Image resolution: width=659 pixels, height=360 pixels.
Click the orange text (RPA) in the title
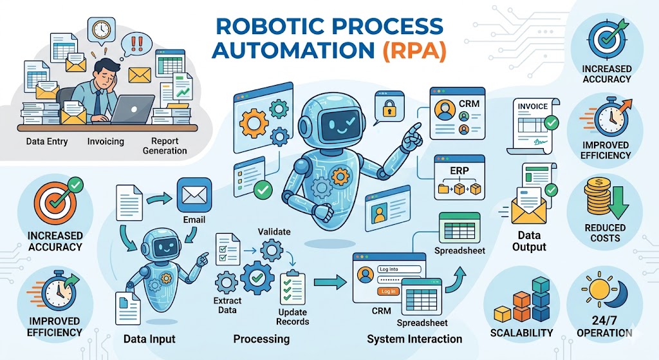pos(414,50)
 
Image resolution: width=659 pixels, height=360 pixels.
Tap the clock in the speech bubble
pos(101,30)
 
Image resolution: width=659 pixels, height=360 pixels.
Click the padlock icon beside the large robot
pos(389,108)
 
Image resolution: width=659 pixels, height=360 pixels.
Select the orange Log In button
pos(388,291)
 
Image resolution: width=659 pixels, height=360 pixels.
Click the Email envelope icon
pos(194,195)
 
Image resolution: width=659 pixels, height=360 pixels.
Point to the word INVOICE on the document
pos(532,106)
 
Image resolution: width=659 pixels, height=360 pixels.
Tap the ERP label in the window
pos(459,171)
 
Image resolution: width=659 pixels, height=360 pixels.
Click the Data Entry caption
pos(46,141)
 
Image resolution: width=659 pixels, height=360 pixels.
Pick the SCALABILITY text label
pos(521,333)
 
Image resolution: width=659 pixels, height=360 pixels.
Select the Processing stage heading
pos(261,339)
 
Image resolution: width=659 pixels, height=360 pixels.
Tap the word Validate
pos(274,232)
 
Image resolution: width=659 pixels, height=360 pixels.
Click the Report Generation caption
pos(165,146)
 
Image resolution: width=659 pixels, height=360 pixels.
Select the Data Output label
pos(529,241)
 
